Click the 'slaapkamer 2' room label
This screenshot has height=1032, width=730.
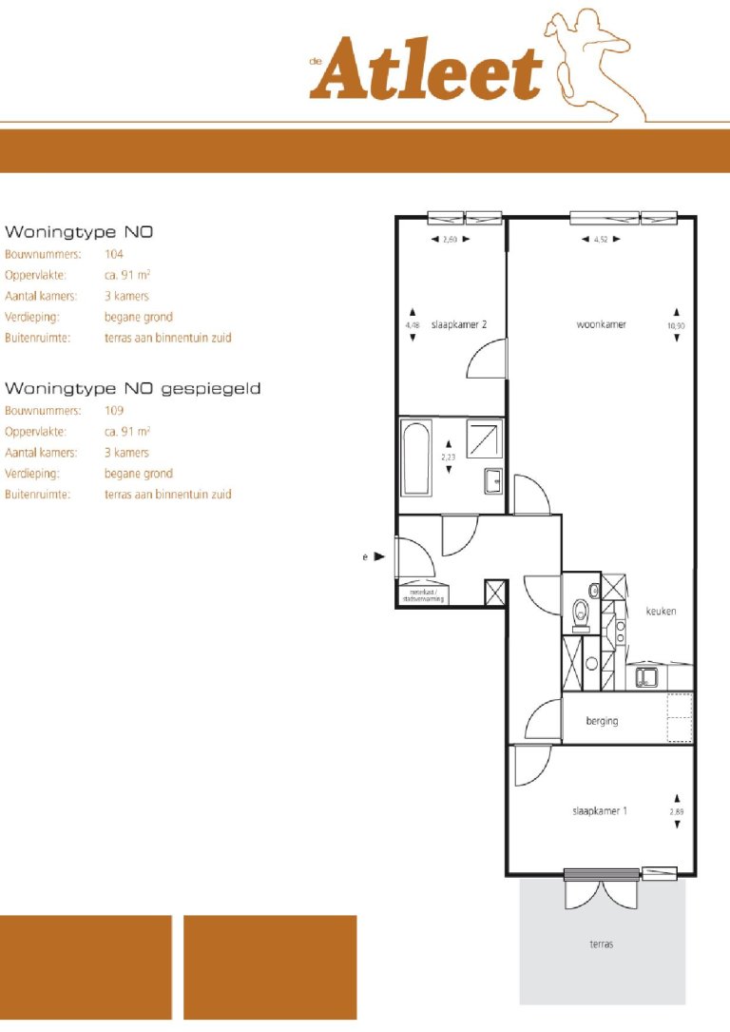click(x=459, y=324)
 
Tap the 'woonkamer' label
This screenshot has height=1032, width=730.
click(x=601, y=324)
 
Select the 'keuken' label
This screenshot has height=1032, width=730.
click(x=661, y=612)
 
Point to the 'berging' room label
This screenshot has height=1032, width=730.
click(x=602, y=721)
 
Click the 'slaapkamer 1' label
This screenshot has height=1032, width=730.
click(x=599, y=810)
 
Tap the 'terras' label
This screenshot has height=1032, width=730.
click(x=601, y=944)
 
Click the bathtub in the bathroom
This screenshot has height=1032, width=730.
click(x=415, y=458)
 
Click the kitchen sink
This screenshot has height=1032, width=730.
click(x=647, y=678)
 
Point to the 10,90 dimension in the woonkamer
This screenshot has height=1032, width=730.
click(x=676, y=324)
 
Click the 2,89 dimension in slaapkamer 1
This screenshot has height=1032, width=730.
click(x=676, y=811)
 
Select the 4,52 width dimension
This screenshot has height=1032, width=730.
click(x=601, y=240)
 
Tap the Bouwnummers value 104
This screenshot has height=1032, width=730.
click(x=114, y=255)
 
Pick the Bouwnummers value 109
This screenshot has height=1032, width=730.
click(x=114, y=411)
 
